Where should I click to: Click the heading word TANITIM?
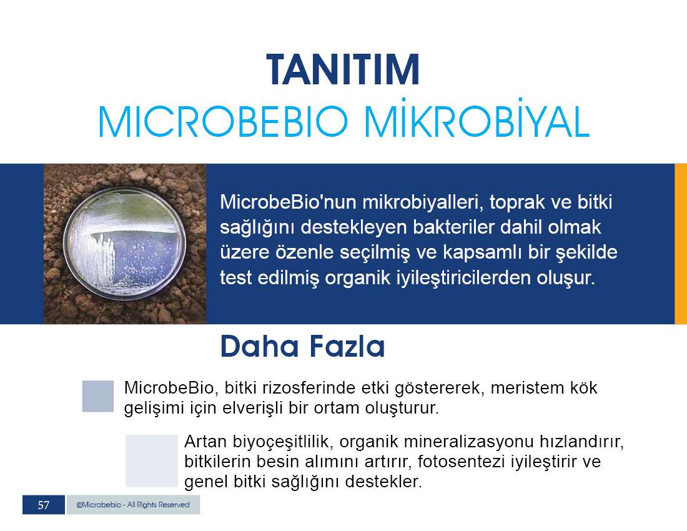[x=343, y=70]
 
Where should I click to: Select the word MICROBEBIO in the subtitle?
[x=223, y=121]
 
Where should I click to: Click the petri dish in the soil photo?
[x=125, y=244]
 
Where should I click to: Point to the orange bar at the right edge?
[x=680, y=244]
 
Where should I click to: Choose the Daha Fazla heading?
[x=303, y=346]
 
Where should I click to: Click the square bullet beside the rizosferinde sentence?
[x=97, y=396]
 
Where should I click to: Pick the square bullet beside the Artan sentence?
[x=152, y=460]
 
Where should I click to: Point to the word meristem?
[x=526, y=388]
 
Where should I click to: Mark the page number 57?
[x=43, y=505]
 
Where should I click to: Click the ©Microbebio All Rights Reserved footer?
[x=133, y=505]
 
